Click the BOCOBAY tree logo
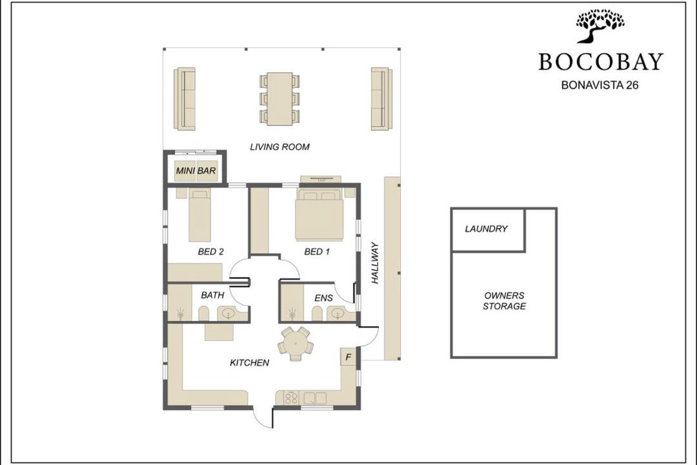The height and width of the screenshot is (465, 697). (600, 26)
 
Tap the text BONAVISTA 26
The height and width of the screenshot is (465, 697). (600, 85)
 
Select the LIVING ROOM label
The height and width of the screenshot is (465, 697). (279, 147)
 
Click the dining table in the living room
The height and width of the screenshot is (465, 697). (279, 99)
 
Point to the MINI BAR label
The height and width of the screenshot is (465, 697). (196, 170)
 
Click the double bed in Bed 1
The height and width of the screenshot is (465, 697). (319, 215)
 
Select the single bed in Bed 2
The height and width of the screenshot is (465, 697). (199, 215)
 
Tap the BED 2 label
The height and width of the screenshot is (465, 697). (210, 252)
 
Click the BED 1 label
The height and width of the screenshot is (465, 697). (317, 252)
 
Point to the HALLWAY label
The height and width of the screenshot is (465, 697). (375, 263)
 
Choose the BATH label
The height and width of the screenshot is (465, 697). (212, 295)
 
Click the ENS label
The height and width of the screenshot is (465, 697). (323, 298)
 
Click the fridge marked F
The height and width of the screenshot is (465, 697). (348, 357)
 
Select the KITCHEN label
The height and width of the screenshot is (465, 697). (249, 363)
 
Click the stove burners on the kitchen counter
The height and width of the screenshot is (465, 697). (292, 397)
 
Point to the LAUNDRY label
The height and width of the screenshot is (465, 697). (487, 229)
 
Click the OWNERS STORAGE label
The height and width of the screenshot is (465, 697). (504, 301)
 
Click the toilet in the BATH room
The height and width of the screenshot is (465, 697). (203, 314)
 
